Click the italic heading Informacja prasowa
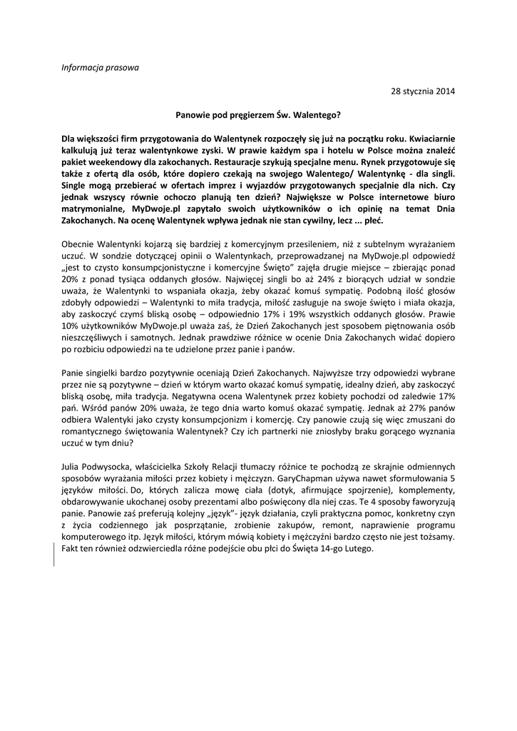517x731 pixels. (100, 68)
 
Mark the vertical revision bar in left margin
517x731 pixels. (55, 554)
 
